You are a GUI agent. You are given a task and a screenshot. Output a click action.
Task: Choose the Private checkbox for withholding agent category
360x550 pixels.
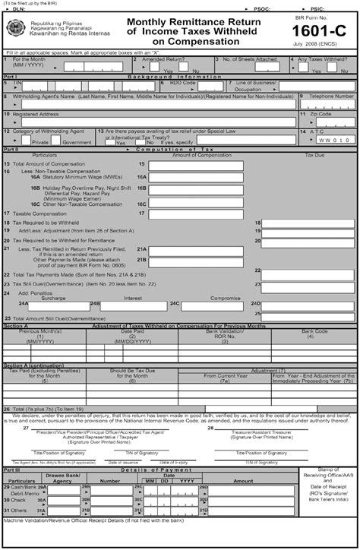(27, 141)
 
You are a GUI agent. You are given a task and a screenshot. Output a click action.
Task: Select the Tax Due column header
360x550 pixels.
(315, 156)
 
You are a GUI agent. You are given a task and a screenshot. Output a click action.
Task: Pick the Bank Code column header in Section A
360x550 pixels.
(314, 331)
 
